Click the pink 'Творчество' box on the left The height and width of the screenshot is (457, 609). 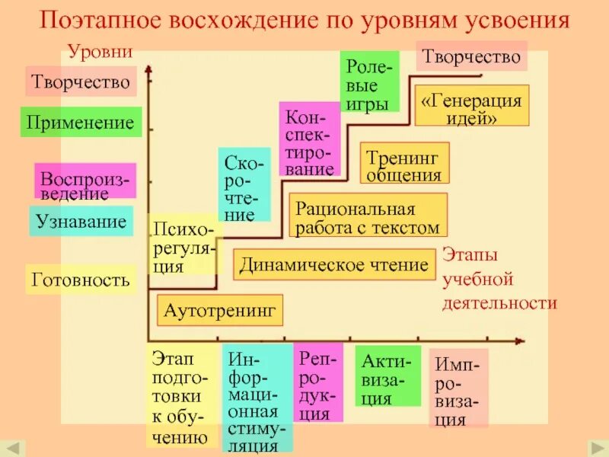[x=81, y=81]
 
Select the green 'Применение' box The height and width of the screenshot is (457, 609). [x=81, y=123]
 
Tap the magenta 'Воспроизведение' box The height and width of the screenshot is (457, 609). [x=85, y=183]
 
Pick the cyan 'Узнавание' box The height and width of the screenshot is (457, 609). [x=81, y=222]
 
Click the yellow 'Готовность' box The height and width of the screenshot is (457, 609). [x=81, y=280]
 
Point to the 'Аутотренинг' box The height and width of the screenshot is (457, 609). [x=220, y=311]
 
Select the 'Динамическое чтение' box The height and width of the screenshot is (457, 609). [x=334, y=265]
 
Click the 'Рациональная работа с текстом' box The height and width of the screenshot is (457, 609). [x=368, y=216]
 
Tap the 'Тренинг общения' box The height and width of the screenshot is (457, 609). [x=403, y=164]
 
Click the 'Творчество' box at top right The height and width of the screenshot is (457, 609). [x=471, y=56]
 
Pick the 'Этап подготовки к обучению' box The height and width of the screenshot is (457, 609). [x=177, y=396]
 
